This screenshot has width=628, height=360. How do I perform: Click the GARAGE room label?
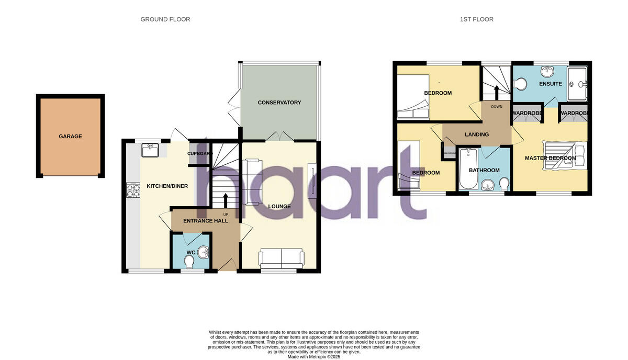coord(70,137)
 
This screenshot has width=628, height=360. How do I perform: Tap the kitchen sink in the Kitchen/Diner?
coord(150,151)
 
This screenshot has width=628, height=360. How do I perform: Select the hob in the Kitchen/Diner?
coord(132,190)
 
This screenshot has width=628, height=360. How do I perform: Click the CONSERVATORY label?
coord(279,103)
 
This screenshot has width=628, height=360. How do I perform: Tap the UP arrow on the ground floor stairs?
coord(226,200)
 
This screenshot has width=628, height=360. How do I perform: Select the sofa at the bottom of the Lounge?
coord(281,257)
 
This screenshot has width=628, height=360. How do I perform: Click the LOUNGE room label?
coord(279,207)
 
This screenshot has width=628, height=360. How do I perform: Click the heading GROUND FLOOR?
coord(165,19)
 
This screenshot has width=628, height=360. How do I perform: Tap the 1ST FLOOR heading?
coord(477,19)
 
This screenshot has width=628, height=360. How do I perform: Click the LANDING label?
coord(477,134)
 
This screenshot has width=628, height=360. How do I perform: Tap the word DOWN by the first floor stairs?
coord(497,107)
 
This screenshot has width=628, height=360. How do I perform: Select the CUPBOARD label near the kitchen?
coord(200,154)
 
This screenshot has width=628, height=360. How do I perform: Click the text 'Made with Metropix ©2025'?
coord(314,357)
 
